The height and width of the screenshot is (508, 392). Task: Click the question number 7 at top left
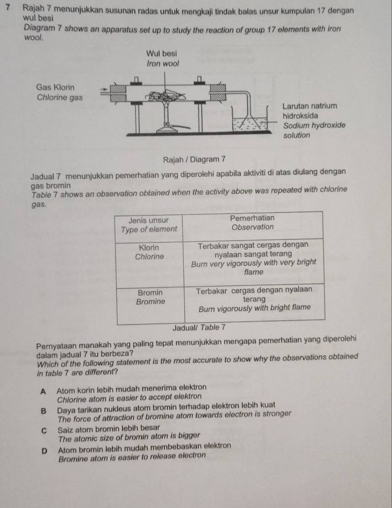[x=7, y=8]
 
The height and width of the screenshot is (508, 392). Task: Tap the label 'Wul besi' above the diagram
[x=161, y=53]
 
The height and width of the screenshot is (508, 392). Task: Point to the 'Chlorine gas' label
[x=60, y=98]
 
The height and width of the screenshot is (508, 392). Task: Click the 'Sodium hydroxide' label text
[x=314, y=125]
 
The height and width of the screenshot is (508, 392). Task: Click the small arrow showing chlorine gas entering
[x=104, y=88]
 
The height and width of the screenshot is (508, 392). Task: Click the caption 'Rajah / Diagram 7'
[x=194, y=159]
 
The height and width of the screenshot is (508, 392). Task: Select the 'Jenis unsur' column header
[x=149, y=221]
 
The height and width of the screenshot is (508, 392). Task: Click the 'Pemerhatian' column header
[x=252, y=218]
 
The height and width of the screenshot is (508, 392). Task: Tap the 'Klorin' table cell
[x=149, y=247]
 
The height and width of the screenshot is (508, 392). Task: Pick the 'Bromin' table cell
[x=150, y=293]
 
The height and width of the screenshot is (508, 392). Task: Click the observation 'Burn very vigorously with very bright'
[x=254, y=263]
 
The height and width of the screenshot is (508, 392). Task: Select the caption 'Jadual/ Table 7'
[x=198, y=327]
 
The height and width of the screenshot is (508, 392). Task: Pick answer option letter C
[x=44, y=431]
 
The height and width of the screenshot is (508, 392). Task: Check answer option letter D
[x=44, y=450]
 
